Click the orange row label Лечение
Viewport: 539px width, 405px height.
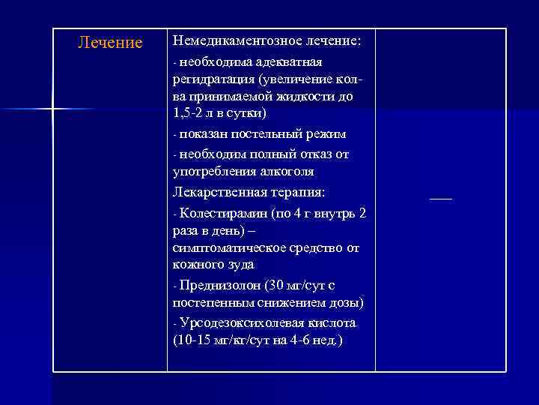point(110,43)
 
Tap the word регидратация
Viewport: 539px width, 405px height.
point(213,78)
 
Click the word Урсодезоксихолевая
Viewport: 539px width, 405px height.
point(241,322)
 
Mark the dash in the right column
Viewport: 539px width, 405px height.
point(442,198)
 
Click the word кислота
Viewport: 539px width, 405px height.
point(331,322)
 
